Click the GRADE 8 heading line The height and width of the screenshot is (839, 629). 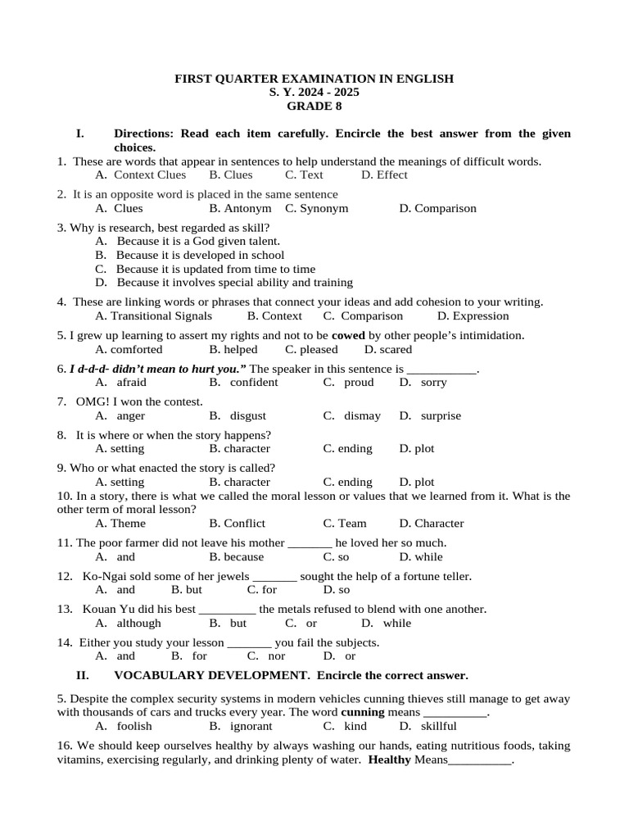pyautogui.click(x=314, y=106)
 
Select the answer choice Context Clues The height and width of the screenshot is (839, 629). pyautogui.click(x=150, y=175)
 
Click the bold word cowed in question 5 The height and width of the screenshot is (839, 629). pyautogui.click(x=348, y=335)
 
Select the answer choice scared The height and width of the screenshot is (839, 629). pyautogui.click(x=395, y=349)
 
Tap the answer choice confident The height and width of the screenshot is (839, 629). pyautogui.click(x=254, y=382)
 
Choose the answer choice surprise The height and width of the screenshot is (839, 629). pyautogui.click(x=441, y=415)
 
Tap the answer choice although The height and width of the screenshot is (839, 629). pyautogui.click(x=139, y=623)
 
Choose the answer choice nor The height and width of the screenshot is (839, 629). pyautogui.click(x=277, y=655)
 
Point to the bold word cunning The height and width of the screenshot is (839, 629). pyautogui.click(x=363, y=712)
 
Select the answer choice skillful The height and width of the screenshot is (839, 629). pyautogui.click(x=440, y=725)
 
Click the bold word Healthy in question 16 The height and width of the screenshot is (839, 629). pyautogui.click(x=390, y=760)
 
